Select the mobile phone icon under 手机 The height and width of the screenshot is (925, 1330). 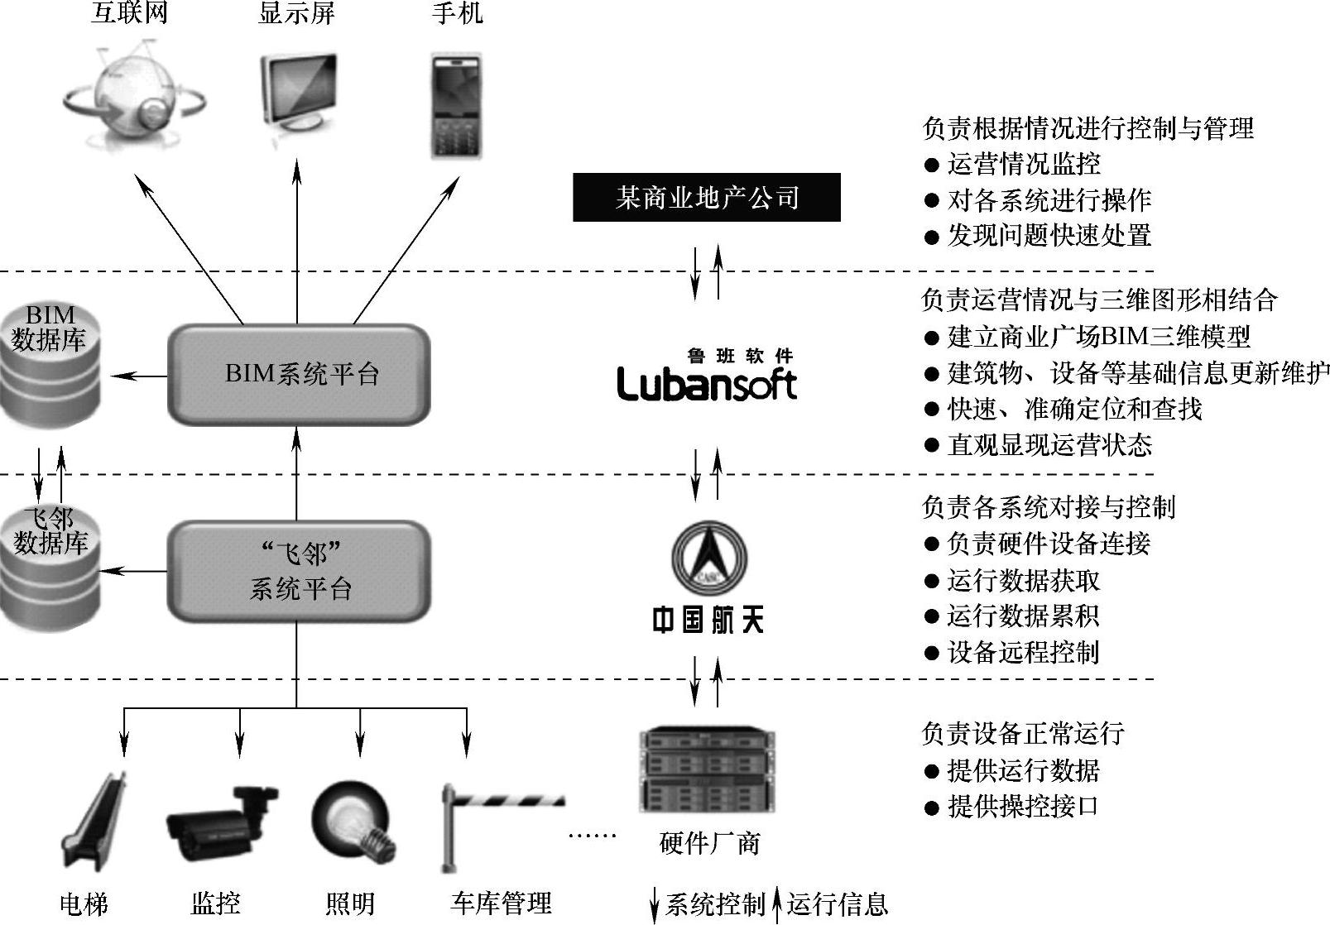(x=457, y=106)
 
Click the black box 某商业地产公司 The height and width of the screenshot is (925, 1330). (x=706, y=198)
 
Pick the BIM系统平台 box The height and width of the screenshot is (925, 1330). (x=299, y=374)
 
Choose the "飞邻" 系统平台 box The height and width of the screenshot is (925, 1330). (x=299, y=571)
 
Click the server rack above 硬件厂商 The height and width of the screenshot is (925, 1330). (x=708, y=769)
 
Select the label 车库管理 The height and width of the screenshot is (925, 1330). (x=501, y=903)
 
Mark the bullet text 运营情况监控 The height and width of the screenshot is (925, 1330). (x=1024, y=164)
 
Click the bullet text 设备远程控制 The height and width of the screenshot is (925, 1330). (x=1023, y=652)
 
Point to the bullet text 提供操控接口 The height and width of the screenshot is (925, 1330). (x=1023, y=806)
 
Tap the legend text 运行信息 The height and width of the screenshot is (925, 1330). (x=837, y=903)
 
